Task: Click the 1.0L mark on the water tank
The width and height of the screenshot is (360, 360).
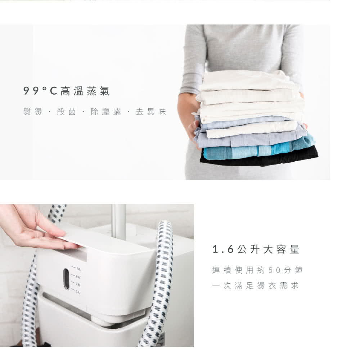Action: [x=78, y=269]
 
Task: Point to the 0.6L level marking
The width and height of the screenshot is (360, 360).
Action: [x=78, y=285]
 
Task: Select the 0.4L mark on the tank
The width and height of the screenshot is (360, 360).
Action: [x=78, y=292]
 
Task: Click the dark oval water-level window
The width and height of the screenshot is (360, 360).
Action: [x=66, y=279]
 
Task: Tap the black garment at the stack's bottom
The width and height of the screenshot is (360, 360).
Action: [x=260, y=157]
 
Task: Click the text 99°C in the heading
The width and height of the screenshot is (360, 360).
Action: [x=40, y=91]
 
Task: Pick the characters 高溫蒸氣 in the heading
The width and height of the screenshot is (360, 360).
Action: [x=85, y=91]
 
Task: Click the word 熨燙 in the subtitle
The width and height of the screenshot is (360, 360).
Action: [x=33, y=112]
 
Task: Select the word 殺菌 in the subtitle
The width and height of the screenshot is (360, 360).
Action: [x=66, y=112]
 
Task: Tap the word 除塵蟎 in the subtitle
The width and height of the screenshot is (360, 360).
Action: [x=106, y=112]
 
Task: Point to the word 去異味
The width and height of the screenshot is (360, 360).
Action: [x=151, y=112]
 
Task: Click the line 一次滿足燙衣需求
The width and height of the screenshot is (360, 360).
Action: [x=255, y=285]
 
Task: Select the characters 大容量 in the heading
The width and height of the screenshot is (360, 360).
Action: [x=282, y=249]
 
